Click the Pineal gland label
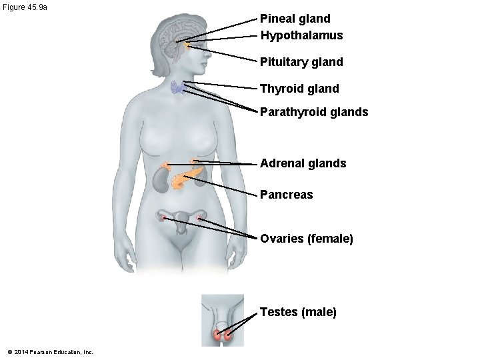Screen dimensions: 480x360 pos(295,19)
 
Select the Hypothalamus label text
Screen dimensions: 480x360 pos(301,35)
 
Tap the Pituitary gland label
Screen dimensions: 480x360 pos(301,62)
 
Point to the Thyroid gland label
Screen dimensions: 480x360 pos(299,88)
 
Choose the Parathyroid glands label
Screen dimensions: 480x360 pos(314,112)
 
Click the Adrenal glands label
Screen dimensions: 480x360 pos(303,163)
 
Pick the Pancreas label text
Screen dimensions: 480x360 pos(286,195)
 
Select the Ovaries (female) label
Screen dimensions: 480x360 pos(306,238)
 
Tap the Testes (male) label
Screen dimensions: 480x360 pos(298,311)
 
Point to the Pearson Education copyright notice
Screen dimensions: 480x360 pos(50,351)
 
